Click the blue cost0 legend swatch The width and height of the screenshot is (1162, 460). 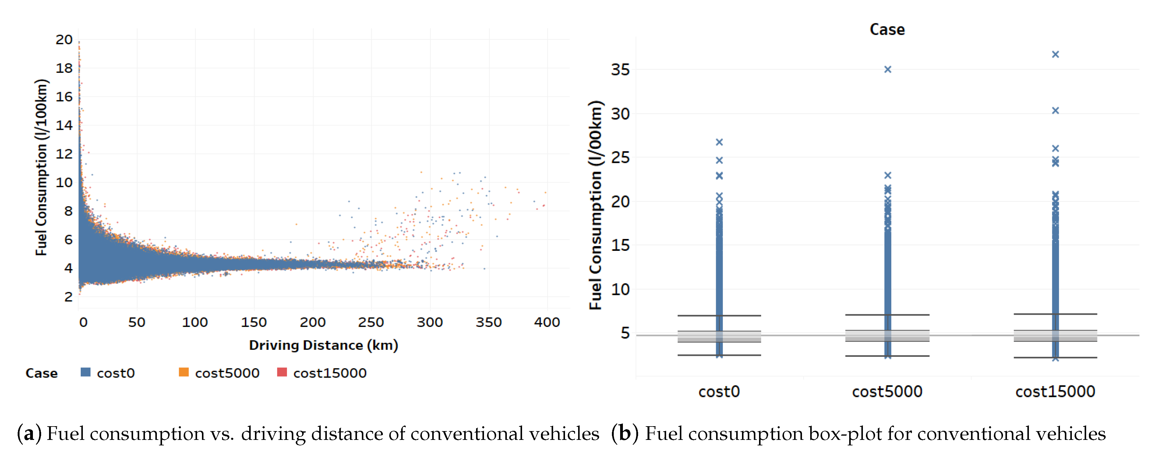(x=85, y=373)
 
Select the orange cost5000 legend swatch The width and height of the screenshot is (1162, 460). (x=184, y=373)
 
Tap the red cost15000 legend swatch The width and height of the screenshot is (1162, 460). (x=282, y=373)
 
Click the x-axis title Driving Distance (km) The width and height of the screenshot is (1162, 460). (x=323, y=346)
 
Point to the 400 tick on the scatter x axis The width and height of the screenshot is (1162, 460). (x=547, y=322)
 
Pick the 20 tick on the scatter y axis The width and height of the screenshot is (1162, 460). (x=64, y=40)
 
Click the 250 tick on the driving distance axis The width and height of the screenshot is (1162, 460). (x=371, y=322)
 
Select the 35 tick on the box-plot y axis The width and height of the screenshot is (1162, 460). (x=620, y=70)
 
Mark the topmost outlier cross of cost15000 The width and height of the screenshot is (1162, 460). (x=1055, y=54)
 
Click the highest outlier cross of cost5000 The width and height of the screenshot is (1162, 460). (x=887, y=69)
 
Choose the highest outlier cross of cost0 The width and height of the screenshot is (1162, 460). (x=719, y=142)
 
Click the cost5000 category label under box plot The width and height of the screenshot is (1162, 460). (x=887, y=392)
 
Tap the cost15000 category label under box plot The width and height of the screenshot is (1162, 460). (x=1055, y=392)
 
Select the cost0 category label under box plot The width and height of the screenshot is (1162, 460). (x=719, y=392)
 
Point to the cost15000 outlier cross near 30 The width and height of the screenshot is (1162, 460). (x=1055, y=111)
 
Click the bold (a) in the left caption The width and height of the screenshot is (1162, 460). (x=29, y=434)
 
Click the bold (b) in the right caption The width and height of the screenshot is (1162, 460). (x=625, y=434)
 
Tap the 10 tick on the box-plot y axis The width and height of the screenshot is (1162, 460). (x=620, y=290)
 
